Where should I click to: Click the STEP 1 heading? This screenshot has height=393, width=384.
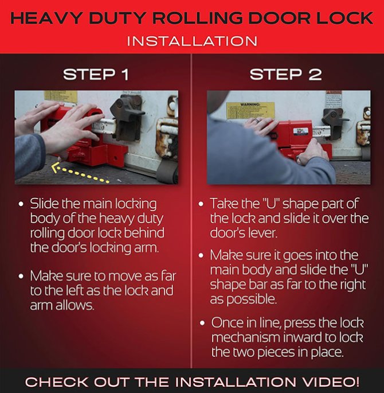[96, 75]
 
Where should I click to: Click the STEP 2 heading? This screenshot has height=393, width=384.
[285, 75]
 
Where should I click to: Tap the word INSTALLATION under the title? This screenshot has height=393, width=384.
[192, 41]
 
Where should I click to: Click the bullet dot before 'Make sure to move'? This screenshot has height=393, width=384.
[21, 276]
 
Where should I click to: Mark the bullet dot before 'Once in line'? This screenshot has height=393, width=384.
[202, 323]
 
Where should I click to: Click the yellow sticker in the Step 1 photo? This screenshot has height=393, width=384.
[60, 96]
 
